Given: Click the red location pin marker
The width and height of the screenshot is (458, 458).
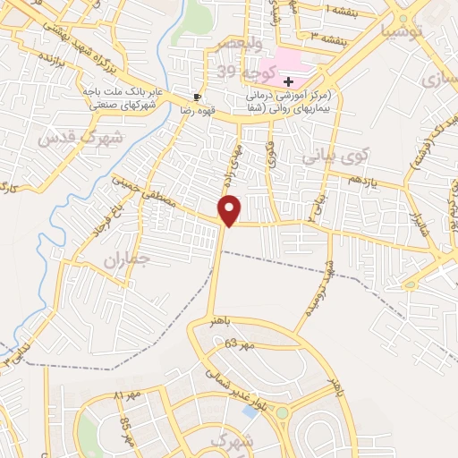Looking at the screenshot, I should [x=231, y=210].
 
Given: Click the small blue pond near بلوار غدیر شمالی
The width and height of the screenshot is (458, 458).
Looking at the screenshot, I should [x=250, y=411].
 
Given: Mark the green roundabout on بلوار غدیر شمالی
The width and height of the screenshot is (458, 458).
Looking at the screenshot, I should [x=284, y=414].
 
